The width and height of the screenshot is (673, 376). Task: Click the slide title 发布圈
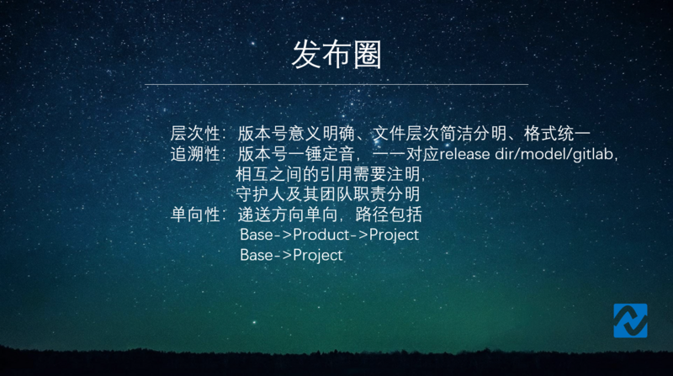336,54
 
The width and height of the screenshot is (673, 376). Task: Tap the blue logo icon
630,320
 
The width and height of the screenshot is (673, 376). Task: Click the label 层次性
195,134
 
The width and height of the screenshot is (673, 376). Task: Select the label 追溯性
195,155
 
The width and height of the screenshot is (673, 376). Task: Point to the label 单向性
195,214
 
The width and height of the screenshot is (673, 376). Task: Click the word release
465,155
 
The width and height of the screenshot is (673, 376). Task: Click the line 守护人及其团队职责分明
329,194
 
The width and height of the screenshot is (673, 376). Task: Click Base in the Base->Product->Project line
257,235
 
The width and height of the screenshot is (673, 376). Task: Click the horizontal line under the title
336,84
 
